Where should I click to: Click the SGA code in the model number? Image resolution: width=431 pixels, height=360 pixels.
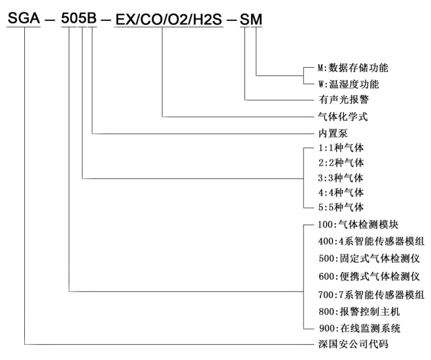24,18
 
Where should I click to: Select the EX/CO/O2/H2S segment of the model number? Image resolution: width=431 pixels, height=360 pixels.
169,20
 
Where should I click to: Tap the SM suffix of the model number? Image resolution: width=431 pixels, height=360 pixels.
251,20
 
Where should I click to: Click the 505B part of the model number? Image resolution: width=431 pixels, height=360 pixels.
79,18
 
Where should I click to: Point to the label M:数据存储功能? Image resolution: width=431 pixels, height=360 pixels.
353,68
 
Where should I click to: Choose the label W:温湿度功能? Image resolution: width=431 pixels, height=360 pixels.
349,84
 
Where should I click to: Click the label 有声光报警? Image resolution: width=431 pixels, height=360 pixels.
344,99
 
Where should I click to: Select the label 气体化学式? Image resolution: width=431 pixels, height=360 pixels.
343,117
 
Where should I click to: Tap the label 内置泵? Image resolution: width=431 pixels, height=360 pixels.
333,133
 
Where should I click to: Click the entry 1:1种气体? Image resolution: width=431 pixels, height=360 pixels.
341,148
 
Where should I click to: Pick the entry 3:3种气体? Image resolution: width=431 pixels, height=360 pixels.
341,178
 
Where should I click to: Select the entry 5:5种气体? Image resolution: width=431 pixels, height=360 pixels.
341,207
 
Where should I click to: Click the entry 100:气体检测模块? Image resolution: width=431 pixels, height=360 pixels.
358,225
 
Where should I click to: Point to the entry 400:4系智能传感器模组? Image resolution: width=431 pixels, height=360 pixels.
371,241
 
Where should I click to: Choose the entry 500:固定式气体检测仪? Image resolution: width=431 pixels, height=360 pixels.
370,259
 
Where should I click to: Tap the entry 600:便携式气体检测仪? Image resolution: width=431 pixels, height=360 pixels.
370,277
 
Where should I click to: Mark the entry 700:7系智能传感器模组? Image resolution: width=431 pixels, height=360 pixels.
371,294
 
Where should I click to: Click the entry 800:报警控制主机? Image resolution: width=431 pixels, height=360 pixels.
359,312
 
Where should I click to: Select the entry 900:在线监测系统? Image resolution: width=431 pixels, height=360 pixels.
360,328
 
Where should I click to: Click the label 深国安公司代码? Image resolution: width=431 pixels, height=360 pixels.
353,344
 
